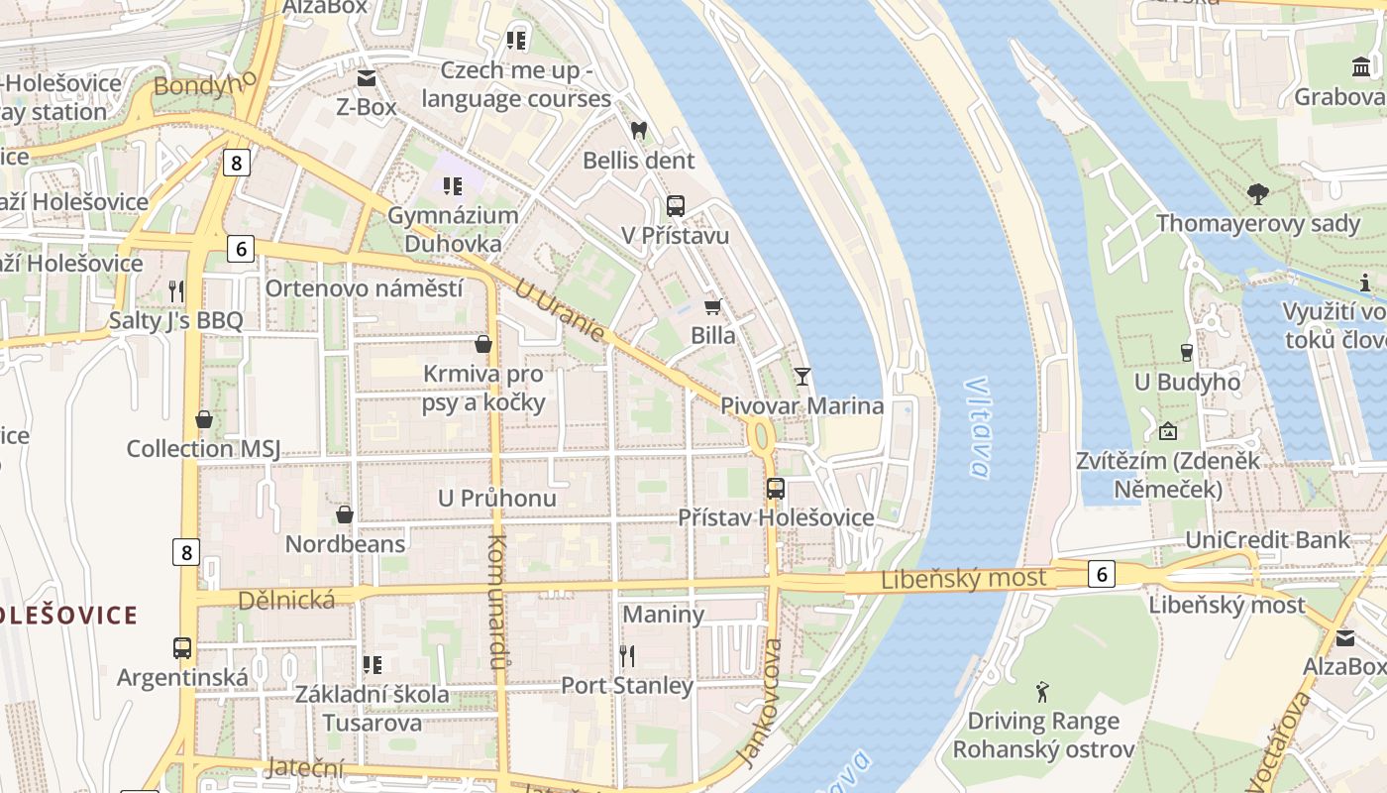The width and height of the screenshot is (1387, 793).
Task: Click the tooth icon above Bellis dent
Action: click(639, 130)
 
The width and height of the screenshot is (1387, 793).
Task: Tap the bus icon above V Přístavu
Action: click(676, 206)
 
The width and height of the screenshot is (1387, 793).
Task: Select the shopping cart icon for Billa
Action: click(712, 306)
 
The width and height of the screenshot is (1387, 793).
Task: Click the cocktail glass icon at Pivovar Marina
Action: click(801, 377)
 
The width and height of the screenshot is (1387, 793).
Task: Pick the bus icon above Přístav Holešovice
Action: click(776, 489)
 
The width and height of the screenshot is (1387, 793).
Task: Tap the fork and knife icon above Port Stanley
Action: click(626, 655)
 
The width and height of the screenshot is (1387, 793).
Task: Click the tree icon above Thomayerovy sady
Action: click(1258, 194)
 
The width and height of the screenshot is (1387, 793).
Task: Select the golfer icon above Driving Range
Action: click(1042, 692)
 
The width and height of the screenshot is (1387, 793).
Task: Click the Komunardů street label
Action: click(498, 602)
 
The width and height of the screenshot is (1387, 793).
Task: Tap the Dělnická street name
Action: click(286, 600)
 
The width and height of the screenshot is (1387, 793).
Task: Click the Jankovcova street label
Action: click(760, 703)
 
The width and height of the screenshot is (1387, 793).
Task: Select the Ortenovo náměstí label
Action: click(364, 288)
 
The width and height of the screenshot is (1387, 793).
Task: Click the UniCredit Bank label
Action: click(1268, 540)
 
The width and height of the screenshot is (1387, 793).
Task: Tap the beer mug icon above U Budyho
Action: click(1187, 353)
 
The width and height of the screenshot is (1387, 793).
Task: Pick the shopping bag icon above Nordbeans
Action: click(345, 514)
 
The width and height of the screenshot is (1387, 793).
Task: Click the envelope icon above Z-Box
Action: click(367, 78)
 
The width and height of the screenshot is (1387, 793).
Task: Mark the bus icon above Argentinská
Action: click(182, 648)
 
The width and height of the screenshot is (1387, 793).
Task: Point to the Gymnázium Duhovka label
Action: click(453, 229)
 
